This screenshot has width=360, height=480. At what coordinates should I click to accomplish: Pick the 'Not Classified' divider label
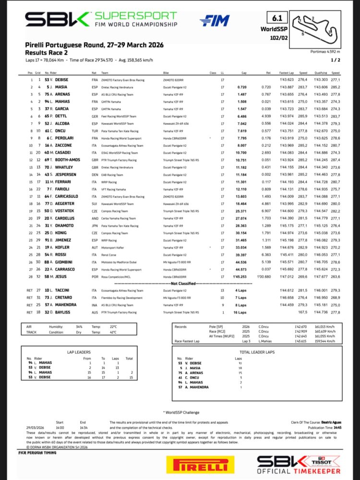click(x=179, y=284)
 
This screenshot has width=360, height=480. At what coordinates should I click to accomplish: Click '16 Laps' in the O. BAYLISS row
click(x=240, y=312)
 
